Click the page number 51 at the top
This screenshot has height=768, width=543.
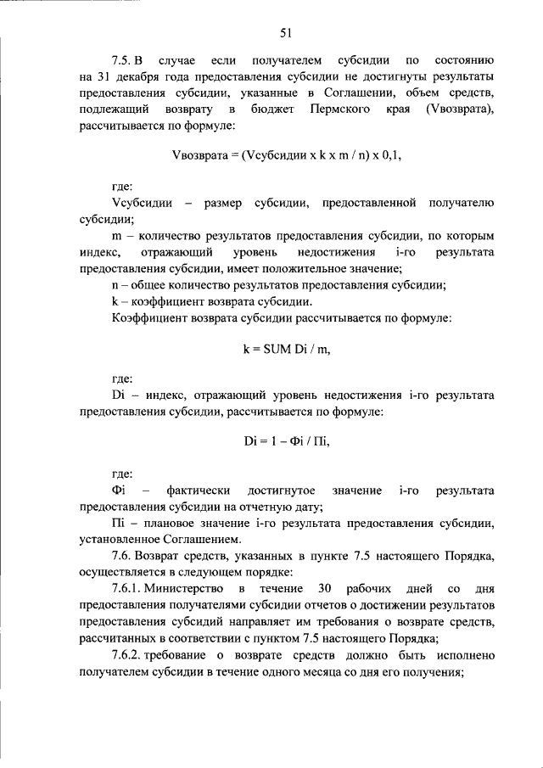point(286,33)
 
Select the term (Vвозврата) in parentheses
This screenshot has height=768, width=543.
point(457,110)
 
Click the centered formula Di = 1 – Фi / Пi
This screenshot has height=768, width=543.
point(286,442)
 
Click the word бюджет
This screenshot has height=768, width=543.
point(273,110)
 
